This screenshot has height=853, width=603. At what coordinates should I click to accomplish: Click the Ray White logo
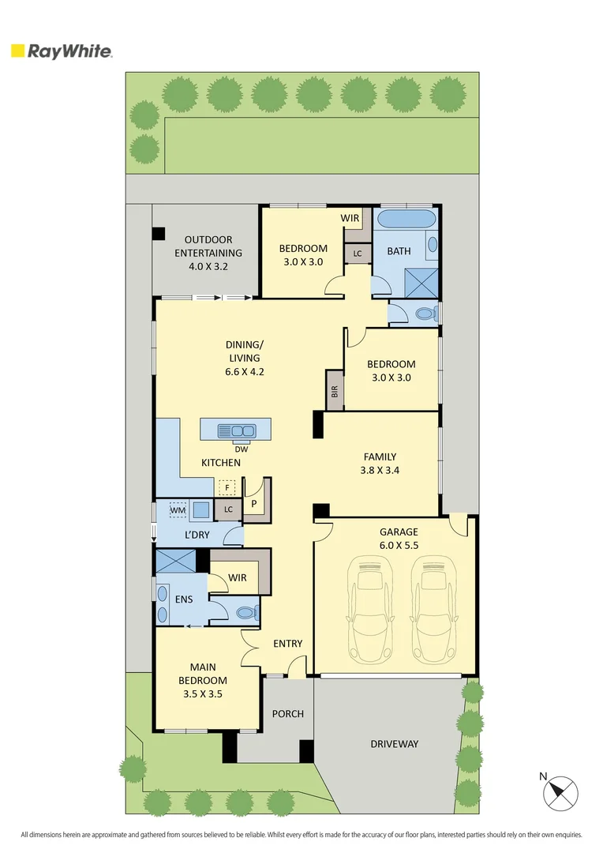tap(61, 52)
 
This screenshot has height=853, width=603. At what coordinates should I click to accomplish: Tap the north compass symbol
tap(561, 791)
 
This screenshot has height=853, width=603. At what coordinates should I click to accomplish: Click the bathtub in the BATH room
tap(406, 219)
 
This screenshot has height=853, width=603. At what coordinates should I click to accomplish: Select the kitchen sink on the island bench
tap(237, 430)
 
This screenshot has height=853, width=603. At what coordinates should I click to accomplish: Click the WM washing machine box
tap(177, 509)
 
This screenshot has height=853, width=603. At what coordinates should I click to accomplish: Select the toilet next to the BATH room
tap(423, 314)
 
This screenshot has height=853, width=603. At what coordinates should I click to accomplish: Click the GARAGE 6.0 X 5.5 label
tap(398, 539)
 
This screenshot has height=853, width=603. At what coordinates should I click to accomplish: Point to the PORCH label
tap(288, 714)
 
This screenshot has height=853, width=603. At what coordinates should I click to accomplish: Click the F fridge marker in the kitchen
tap(227, 488)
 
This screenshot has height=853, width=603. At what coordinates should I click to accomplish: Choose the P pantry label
tap(255, 502)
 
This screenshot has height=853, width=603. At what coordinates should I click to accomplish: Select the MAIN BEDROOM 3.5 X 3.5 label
tap(204, 680)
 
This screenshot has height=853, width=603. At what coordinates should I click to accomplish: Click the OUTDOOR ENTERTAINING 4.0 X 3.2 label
tap(208, 253)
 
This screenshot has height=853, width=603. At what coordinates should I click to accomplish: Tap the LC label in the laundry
tap(228, 509)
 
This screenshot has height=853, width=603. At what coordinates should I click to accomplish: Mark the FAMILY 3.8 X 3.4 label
tap(380, 464)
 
